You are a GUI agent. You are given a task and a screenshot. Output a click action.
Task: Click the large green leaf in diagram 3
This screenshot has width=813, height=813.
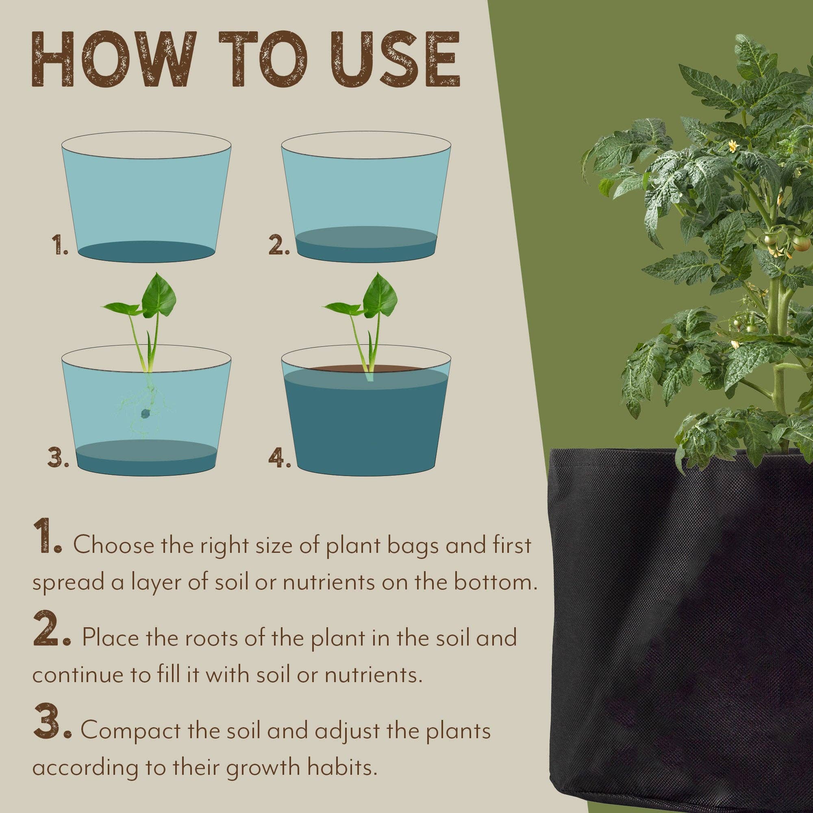tap(158, 296)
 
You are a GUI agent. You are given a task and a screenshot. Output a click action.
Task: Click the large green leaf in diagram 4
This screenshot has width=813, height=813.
tap(380, 296)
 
